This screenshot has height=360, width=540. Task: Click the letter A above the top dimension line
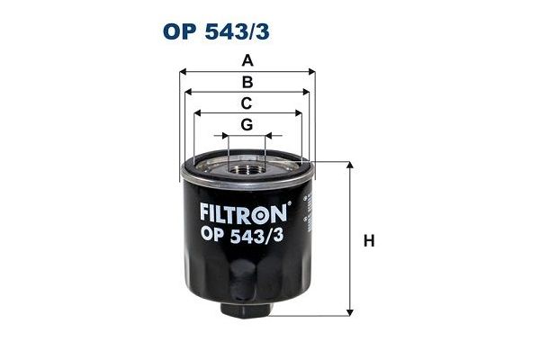246,61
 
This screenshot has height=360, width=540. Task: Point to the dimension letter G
246,124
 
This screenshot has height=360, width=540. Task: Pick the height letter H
367,240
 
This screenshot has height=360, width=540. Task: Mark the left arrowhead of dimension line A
184,71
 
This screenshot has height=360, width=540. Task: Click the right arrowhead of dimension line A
311,71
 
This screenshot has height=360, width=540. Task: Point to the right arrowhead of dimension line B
306,91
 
